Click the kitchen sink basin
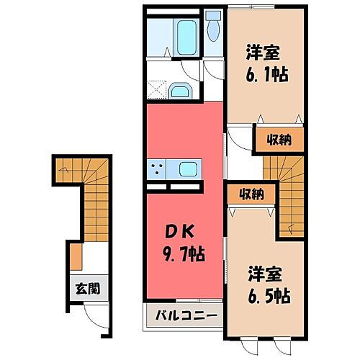pyautogui.click(x=188, y=170)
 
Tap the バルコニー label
pyautogui.click(x=183, y=315)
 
